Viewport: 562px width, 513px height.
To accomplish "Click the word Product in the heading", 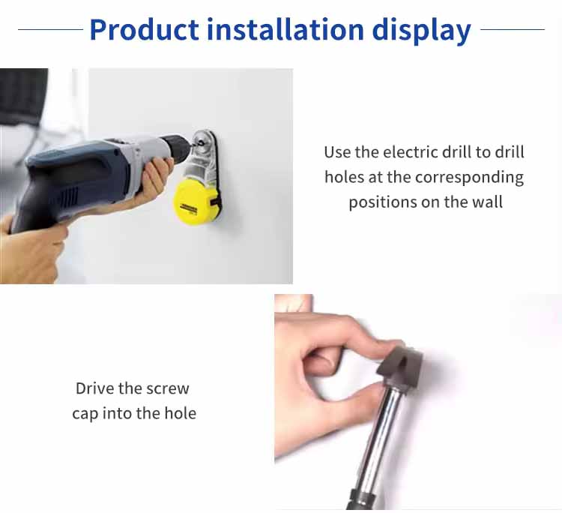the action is [144, 29].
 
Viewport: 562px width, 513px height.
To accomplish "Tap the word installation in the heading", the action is [285, 29].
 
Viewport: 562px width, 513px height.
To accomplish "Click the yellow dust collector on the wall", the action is [196, 202].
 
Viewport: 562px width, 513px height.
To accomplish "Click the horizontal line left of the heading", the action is [50, 30].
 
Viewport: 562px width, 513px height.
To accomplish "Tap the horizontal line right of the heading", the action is [513, 30].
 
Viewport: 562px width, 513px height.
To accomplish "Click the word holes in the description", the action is [344, 177].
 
